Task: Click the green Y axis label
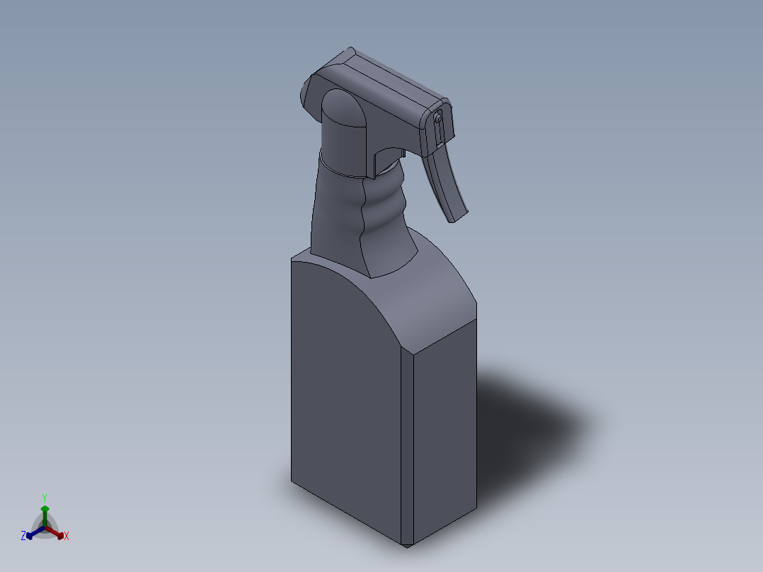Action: click(45, 497)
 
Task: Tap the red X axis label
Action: click(67, 537)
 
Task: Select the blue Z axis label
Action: click(23, 536)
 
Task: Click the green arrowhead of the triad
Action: click(45, 508)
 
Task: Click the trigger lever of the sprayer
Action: click(446, 181)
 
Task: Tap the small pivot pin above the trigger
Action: click(439, 120)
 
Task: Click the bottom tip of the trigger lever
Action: click(458, 215)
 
